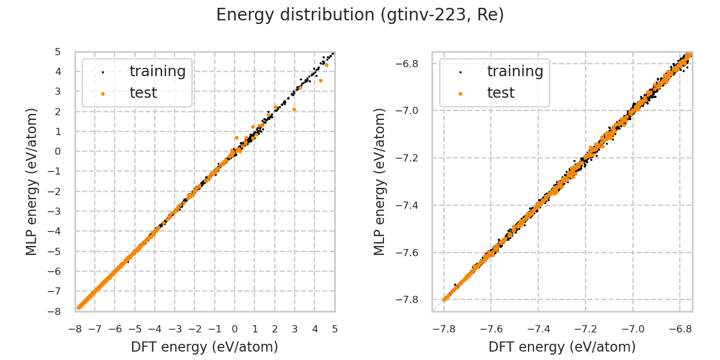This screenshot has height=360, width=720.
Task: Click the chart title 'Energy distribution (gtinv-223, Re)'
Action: tap(360, 15)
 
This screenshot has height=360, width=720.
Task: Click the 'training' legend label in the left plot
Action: tap(157, 71)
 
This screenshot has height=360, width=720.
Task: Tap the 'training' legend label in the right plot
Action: tap(515, 71)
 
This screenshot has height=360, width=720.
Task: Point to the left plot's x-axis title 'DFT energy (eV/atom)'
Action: tap(205, 347)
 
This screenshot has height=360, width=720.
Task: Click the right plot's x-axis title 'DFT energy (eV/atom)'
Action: tap(562, 347)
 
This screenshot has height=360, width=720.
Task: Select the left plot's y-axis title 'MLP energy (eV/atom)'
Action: tap(32, 181)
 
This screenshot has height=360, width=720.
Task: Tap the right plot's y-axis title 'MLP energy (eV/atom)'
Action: tap(380, 181)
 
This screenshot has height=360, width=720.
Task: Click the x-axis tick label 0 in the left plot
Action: tap(235, 329)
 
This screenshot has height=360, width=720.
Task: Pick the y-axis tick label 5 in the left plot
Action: tap(58, 52)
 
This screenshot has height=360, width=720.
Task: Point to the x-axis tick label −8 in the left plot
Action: tap(75, 329)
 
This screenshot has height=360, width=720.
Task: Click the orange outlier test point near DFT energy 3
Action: tap(294, 109)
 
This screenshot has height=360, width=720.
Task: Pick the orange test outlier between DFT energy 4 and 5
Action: tap(320, 80)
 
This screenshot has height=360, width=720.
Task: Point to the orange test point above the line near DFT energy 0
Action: tap(236, 137)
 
